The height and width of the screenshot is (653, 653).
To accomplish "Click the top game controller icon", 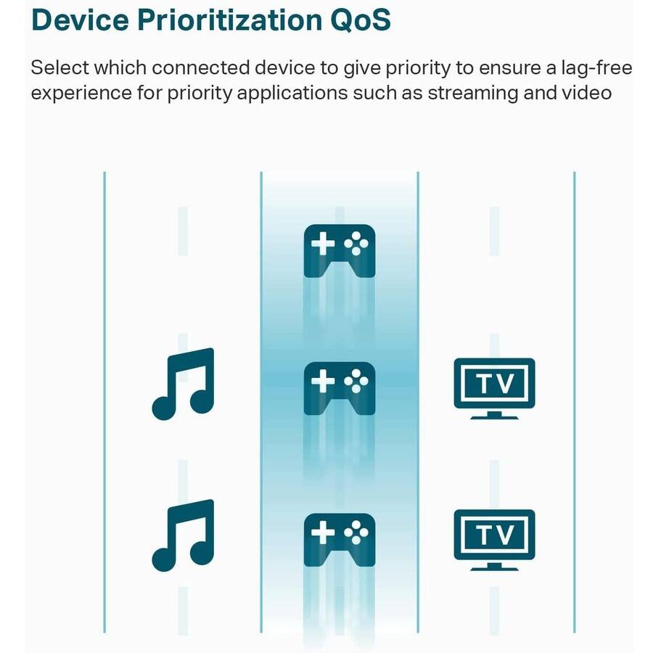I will (339, 250).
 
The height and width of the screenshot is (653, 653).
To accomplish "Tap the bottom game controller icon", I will (339, 539).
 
